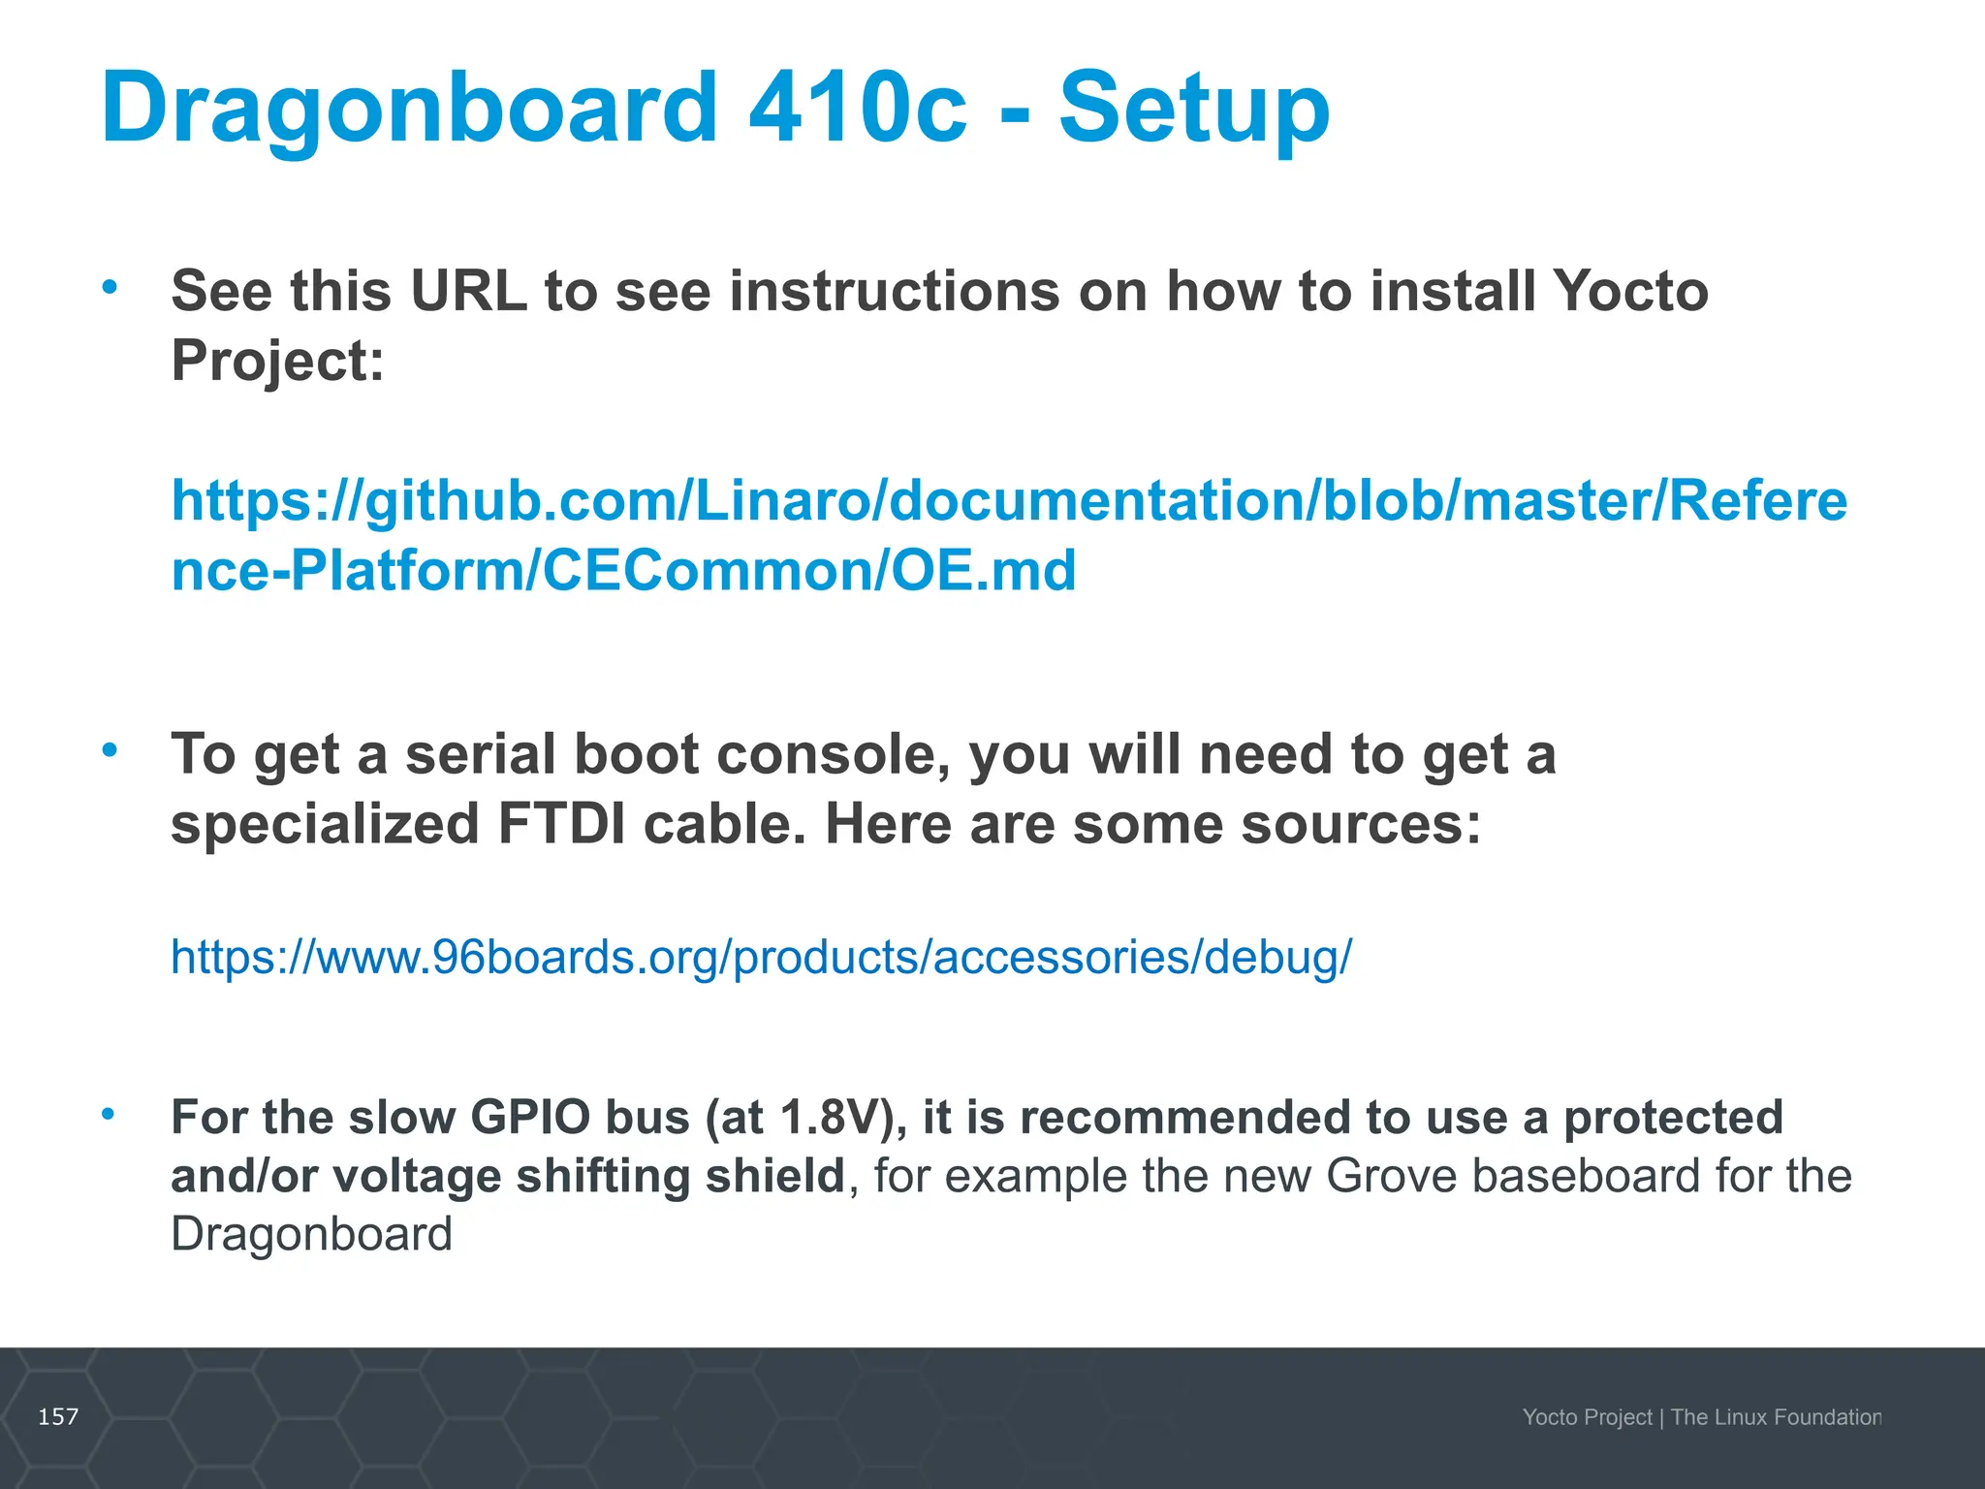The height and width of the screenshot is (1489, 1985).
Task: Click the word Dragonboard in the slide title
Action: [408, 109]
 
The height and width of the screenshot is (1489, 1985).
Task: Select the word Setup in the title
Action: [1194, 109]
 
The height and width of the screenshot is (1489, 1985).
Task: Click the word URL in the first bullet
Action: [468, 290]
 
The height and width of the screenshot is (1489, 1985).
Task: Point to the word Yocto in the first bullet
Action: [1629, 290]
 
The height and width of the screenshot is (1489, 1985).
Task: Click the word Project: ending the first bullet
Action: [278, 361]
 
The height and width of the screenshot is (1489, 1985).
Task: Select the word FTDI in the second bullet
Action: [561, 824]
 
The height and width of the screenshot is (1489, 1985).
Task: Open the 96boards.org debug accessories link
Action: [761, 957]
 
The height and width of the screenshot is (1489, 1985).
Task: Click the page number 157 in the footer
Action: [58, 1417]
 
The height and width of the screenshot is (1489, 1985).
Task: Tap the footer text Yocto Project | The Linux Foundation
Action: [1701, 1417]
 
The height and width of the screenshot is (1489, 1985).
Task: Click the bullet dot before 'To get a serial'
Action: [110, 749]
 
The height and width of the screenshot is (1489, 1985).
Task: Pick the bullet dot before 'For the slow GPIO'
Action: [110, 1114]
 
